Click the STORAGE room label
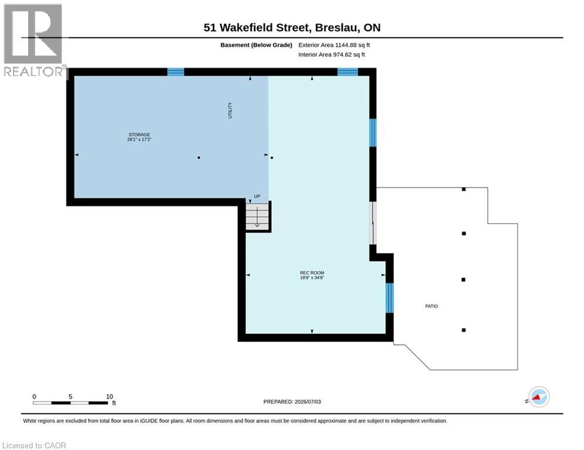(x=139, y=135)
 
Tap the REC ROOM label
(x=312, y=272)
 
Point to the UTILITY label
(x=230, y=111)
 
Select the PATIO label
(x=431, y=306)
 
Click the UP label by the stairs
(x=257, y=196)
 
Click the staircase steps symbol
(x=257, y=216)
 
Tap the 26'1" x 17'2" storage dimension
(x=139, y=139)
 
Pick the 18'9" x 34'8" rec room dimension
(x=312, y=277)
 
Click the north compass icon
(x=539, y=397)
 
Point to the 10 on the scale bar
(x=110, y=397)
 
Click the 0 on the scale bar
(x=34, y=397)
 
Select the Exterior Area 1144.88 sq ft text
(x=334, y=45)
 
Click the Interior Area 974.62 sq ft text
(x=332, y=54)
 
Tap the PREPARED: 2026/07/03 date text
(x=292, y=401)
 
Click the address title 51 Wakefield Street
(x=256, y=28)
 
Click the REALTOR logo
(x=33, y=40)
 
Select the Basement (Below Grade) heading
(x=256, y=45)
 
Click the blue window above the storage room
(x=175, y=71)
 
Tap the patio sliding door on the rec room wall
(x=373, y=223)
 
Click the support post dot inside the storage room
(x=199, y=158)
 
